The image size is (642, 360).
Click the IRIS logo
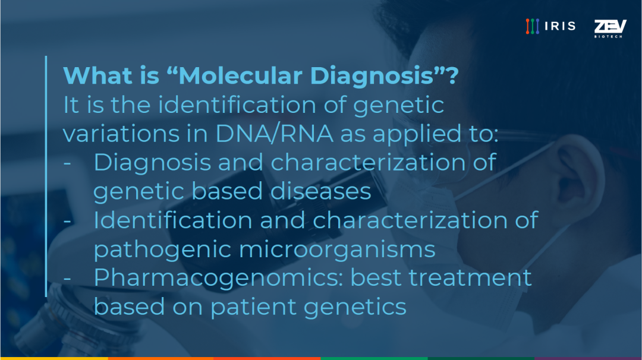pos(550,26)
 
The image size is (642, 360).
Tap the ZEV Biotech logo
pos(610,29)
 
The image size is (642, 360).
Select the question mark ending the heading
pos(452,75)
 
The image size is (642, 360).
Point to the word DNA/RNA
pos(274,133)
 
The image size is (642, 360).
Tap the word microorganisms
pos(337,250)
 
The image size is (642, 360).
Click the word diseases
pos(320,191)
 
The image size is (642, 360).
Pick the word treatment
pos(470,277)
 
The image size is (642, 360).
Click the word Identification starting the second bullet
pos(173,220)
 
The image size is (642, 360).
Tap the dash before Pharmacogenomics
pos(68,279)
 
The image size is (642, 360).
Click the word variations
pos(121,134)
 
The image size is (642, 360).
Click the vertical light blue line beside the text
pos(46,176)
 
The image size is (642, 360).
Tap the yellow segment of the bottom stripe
pos(54,358)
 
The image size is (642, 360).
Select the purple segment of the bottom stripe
pos(588,358)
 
